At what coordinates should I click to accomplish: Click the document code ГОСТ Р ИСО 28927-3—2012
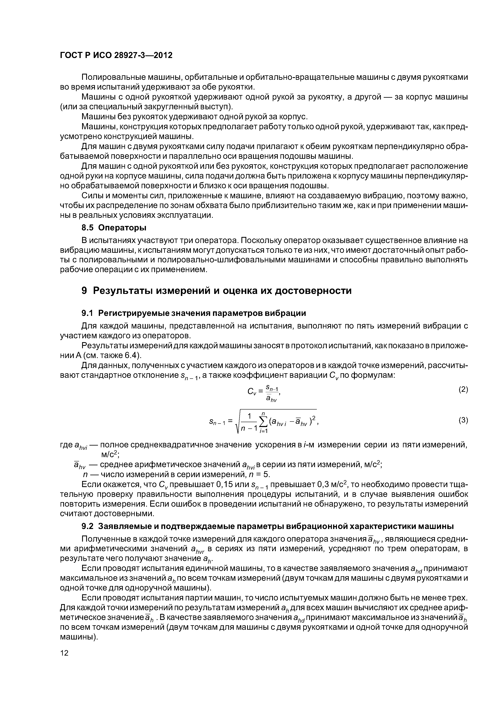pos(116,55)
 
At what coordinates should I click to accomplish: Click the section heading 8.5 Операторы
pos(114,228)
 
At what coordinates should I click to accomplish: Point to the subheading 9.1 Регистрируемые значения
pos(193,313)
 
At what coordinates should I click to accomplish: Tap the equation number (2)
pos(463,390)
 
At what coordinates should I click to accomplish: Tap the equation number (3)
pos(463,421)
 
